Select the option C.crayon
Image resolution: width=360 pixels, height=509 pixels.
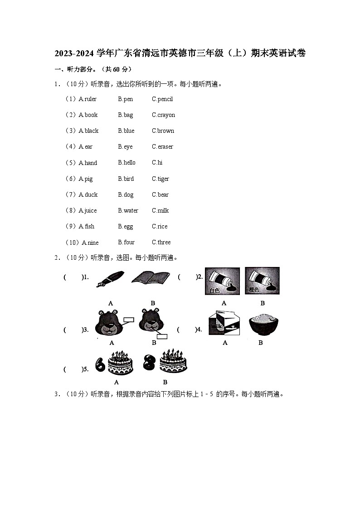(163, 115)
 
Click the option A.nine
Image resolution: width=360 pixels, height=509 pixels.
(90, 242)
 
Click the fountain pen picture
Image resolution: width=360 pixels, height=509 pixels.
(110, 278)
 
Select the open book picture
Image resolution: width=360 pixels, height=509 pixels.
(151, 277)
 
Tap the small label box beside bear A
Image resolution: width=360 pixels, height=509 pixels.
(128, 320)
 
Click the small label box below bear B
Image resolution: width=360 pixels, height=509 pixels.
(162, 336)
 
